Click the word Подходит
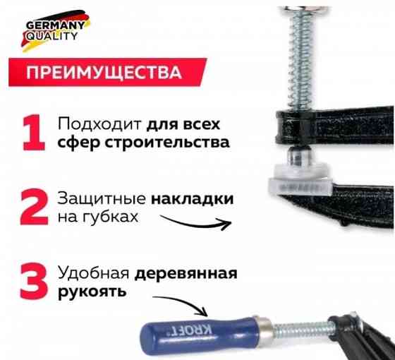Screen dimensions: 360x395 click(99, 124)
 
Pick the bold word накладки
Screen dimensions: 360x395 click(191, 199)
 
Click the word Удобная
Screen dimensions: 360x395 click(93, 273)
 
